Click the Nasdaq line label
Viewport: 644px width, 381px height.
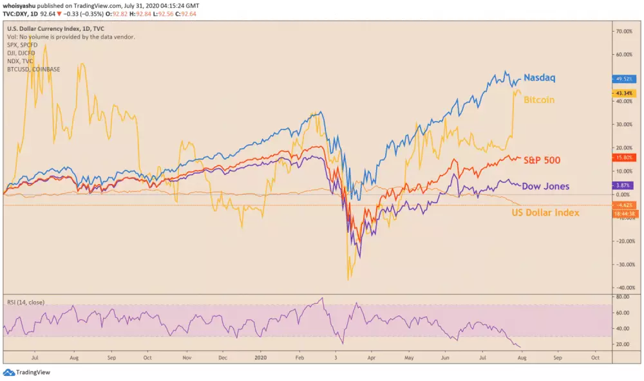click(539, 77)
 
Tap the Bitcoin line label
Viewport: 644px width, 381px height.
click(539, 100)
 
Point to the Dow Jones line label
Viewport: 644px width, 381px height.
click(545, 186)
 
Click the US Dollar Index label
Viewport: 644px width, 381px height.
click(545, 212)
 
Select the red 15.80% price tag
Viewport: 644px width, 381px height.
click(623, 158)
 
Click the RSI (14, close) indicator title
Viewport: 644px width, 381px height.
click(26, 301)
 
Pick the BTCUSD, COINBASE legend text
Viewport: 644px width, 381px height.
click(33, 68)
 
